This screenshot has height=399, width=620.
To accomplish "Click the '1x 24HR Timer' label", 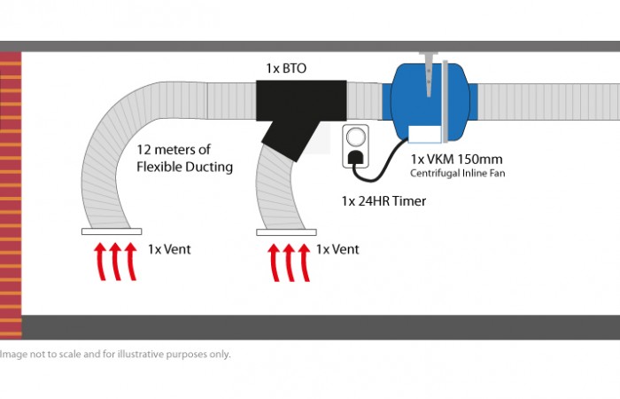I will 384,201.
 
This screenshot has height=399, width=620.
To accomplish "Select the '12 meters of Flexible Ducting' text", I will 185,158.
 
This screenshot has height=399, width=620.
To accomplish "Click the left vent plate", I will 111,232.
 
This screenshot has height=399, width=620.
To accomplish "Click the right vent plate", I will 286,232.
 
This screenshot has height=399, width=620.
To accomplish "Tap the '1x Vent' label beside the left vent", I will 168,250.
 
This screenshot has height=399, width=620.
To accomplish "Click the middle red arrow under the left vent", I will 112,261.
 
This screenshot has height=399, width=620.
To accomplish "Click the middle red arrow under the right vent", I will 287,261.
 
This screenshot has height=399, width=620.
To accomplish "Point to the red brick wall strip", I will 11,195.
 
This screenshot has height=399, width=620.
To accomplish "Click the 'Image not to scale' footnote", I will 115,354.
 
